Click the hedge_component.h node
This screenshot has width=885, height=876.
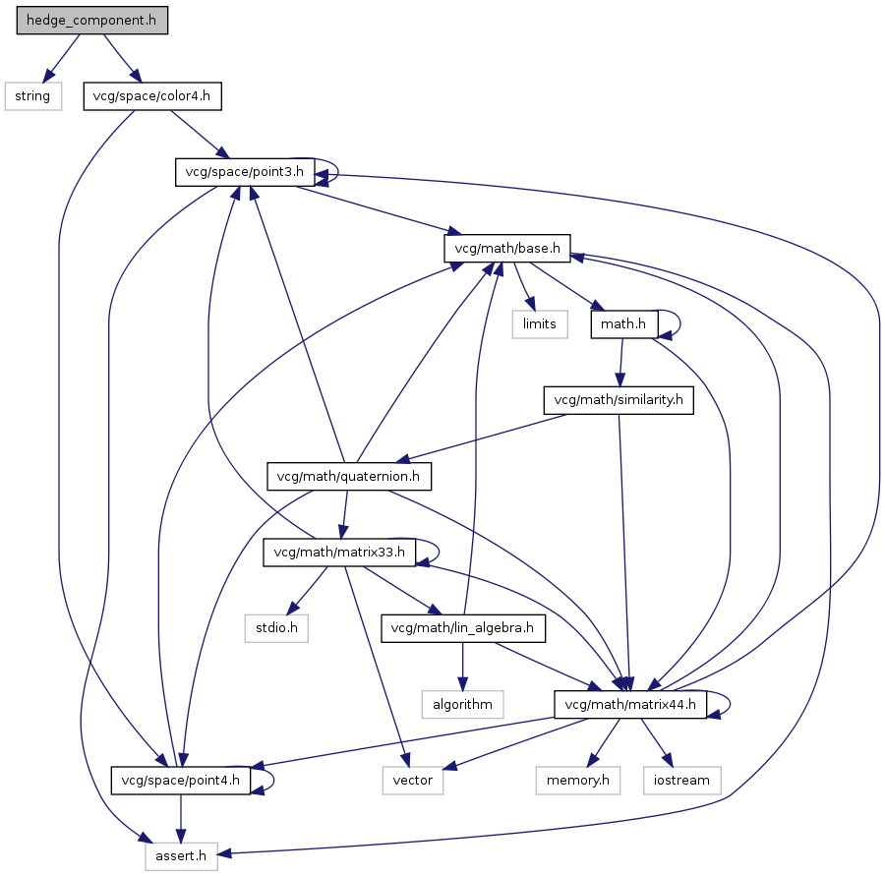(x=92, y=21)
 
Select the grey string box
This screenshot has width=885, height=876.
(x=32, y=96)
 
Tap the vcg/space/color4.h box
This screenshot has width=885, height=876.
(x=152, y=96)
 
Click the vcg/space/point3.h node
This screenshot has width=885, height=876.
(x=245, y=173)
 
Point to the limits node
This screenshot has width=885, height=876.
(x=539, y=324)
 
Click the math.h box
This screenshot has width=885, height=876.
(x=623, y=324)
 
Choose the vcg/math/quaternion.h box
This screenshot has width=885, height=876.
(x=349, y=477)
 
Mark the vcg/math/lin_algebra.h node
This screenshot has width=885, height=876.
(x=462, y=628)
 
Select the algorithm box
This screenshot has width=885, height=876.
(x=462, y=704)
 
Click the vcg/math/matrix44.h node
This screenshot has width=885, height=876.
(x=630, y=704)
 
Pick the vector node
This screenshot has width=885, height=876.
(x=412, y=781)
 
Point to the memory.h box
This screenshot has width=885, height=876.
(x=578, y=781)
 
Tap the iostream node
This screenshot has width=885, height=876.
(x=681, y=781)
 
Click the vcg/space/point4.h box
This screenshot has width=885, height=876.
(x=180, y=781)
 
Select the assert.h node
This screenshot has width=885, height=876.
(x=181, y=856)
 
